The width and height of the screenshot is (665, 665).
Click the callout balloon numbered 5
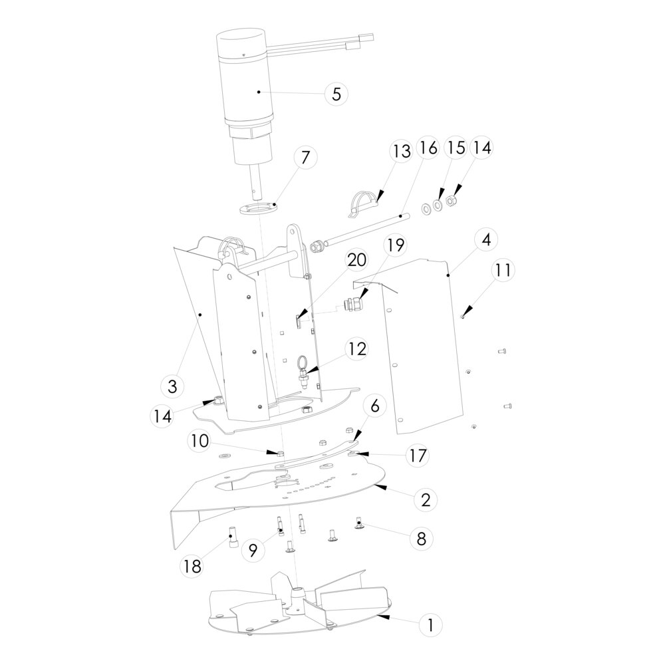click(x=336, y=94)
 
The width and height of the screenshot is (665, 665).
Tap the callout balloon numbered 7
click(x=305, y=158)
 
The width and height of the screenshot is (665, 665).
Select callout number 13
click(x=401, y=151)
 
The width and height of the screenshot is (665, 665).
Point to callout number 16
click(x=428, y=148)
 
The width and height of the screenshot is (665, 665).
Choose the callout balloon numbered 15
click(x=455, y=148)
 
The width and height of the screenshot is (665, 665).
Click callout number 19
click(x=395, y=245)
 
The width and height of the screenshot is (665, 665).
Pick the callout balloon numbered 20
click(x=356, y=259)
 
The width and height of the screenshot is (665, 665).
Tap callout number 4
click(x=486, y=239)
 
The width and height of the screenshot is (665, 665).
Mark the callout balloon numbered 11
click(x=503, y=270)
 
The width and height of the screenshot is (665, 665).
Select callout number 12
click(x=357, y=348)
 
